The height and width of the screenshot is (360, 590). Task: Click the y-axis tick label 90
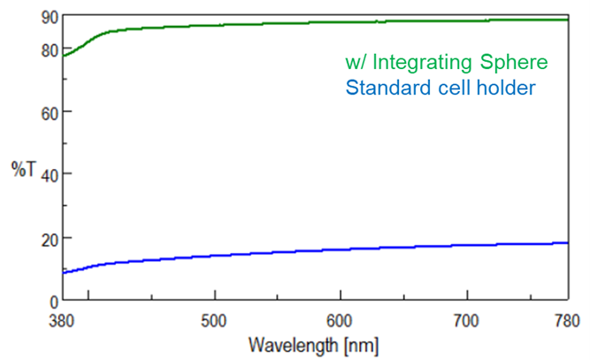[49, 17]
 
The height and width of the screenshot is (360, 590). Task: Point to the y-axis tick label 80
[49, 50]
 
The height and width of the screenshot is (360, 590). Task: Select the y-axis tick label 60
[49, 112]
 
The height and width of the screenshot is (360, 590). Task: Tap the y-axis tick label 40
[49, 175]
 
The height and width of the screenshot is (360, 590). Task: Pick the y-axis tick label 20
[49, 238]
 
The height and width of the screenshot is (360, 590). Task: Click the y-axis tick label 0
[53, 302]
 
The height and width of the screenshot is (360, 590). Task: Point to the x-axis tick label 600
[341, 319]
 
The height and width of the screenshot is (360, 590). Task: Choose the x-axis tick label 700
[466, 319]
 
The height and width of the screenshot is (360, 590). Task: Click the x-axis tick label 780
[566, 319]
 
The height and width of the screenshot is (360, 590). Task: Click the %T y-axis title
[23, 169]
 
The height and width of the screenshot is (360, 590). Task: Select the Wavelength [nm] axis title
[315, 342]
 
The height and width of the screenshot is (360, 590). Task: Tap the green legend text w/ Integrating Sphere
[447, 63]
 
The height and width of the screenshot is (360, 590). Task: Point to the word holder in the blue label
[507, 88]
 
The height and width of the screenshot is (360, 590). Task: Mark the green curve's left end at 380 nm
[63, 56]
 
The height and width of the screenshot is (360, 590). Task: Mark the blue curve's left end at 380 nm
[63, 272]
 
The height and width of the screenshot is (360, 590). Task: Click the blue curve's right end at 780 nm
[567, 242]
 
